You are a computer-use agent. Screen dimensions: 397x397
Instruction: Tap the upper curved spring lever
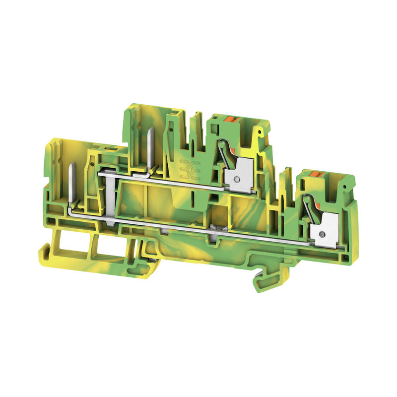point(221,151)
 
